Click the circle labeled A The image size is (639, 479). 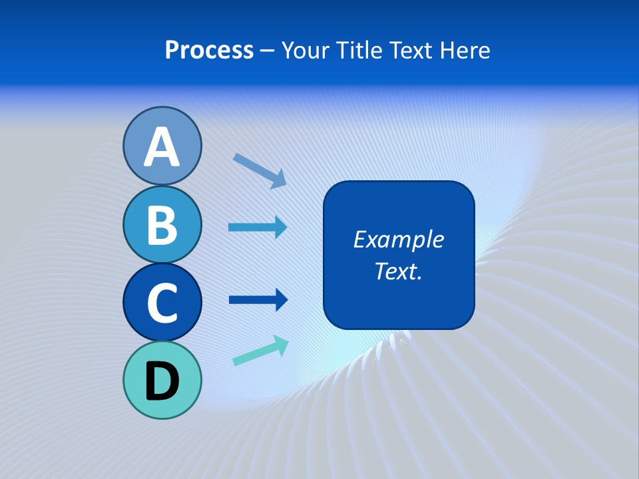point(162,146)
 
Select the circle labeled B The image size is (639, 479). point(162,224)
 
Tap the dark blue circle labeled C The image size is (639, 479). point(162,302)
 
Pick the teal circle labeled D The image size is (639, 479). point(162,380)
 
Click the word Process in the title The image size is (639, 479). point(209,51)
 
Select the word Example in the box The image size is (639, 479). point(398,239)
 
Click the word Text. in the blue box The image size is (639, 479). point(398,271)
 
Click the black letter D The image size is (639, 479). point(162,381)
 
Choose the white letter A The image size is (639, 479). point(162,147)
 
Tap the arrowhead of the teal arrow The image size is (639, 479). point(280,344)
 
